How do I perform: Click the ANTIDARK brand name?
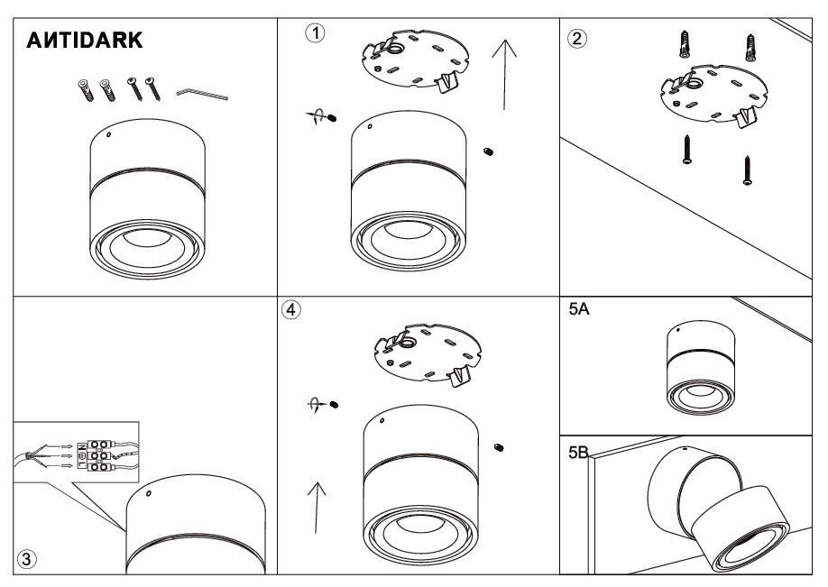click(85, 40)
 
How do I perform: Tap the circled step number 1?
click(316, 33)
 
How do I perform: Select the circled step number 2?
click(576, 39)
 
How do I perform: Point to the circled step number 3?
click(27, 559)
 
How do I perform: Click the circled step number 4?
click(291, 309)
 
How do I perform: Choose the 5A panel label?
click(579, 308)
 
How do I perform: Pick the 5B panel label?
click(579, 453)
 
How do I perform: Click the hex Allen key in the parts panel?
click(202, 94)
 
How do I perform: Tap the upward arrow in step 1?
click(504, 75)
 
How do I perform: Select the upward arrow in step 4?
click(317, 508)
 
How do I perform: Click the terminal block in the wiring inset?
click(95, 455)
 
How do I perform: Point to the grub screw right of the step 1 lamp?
click(489, 152)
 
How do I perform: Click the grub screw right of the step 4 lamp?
click(499, 448)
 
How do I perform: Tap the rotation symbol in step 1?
click(317, 116)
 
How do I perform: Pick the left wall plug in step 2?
click(685, 44)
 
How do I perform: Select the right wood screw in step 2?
click(747, 170)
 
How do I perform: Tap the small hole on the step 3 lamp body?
click(149, 493)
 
